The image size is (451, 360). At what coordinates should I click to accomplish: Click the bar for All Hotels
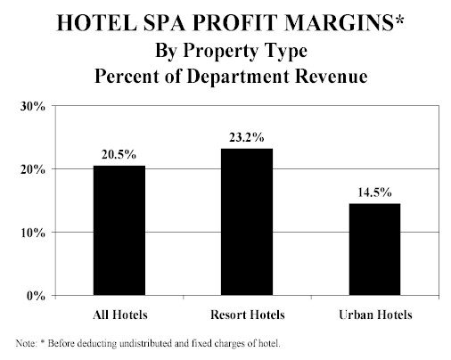point(119,230)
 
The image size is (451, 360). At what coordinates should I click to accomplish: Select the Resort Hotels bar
point(247,222)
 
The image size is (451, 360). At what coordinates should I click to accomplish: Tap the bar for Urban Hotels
point(374,250)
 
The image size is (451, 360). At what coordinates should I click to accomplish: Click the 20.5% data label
point(119,154)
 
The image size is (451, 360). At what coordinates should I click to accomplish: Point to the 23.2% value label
point(246,137)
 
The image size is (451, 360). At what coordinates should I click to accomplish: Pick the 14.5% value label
point(374,192)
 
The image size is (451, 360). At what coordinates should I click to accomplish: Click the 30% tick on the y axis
point(33,107)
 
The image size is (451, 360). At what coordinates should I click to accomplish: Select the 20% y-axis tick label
point(33,170)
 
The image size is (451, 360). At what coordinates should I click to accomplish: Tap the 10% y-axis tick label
point(33,233)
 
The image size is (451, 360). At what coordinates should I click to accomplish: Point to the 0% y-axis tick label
point(36,296)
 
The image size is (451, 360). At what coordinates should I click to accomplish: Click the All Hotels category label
point(120,315)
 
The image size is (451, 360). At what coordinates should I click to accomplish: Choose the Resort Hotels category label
point(248,315)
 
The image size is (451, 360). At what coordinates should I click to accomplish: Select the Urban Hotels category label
point(375,315)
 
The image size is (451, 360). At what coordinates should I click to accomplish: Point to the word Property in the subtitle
point(220,51)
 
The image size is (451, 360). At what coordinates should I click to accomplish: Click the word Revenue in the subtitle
point(332,77)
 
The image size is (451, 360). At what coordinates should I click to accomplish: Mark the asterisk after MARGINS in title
point(399,20)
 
